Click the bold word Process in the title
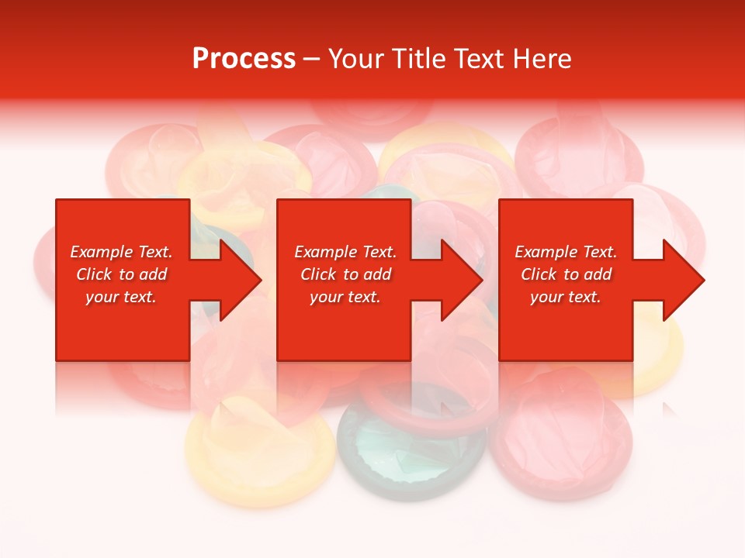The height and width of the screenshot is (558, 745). [x=244, y=59]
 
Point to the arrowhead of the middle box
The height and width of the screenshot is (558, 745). [x=460, y=280]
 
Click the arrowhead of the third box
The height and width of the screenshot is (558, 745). [x=682, y=280]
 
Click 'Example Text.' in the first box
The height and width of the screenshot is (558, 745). [x=121, y=252]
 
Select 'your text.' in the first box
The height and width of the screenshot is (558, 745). [x=121, y=297]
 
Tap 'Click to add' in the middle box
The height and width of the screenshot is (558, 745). [x=345, y=274]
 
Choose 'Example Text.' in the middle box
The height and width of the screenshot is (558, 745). [x=345, y=252]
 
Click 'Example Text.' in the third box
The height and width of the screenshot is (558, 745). [x=566, y=252]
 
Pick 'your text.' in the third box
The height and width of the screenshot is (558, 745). [x=566, y=297]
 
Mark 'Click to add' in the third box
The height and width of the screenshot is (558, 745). [x=566, y=274]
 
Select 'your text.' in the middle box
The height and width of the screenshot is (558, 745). [x=345, y=297]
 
